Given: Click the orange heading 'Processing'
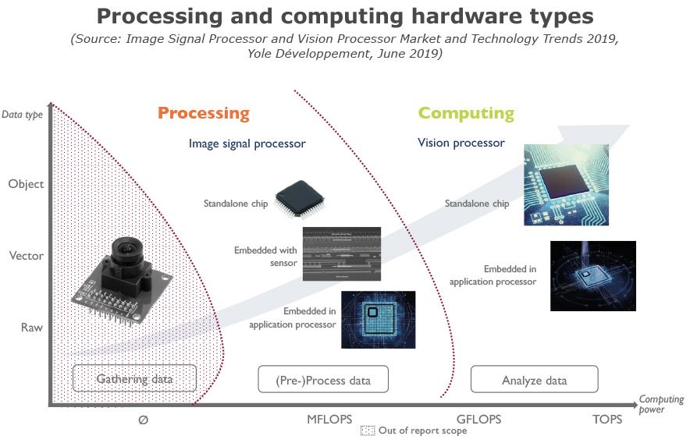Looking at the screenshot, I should pos(204,113).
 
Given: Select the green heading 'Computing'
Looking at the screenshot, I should pos(466,113).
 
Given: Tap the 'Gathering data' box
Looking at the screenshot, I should pos(134,380).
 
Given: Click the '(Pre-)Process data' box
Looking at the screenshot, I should pos(322,380).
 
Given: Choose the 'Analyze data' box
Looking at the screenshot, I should pos(534,380).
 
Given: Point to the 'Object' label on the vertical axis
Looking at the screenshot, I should pos(26,184).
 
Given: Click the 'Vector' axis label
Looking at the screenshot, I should pos(26,256).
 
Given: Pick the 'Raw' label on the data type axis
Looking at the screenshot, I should pos(31,328).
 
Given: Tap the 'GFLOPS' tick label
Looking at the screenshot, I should pos(478,419).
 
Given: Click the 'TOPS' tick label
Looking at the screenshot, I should pos(607,419).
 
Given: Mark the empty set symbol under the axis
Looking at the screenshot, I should pos(143,419).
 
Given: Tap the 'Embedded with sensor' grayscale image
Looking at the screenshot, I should pos(341,254).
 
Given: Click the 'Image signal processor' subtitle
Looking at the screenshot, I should pos(247,144).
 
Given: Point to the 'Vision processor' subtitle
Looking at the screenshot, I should pos(461,143).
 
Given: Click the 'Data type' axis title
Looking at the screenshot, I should pos(22,114).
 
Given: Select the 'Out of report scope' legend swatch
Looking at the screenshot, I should pos(368,431).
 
